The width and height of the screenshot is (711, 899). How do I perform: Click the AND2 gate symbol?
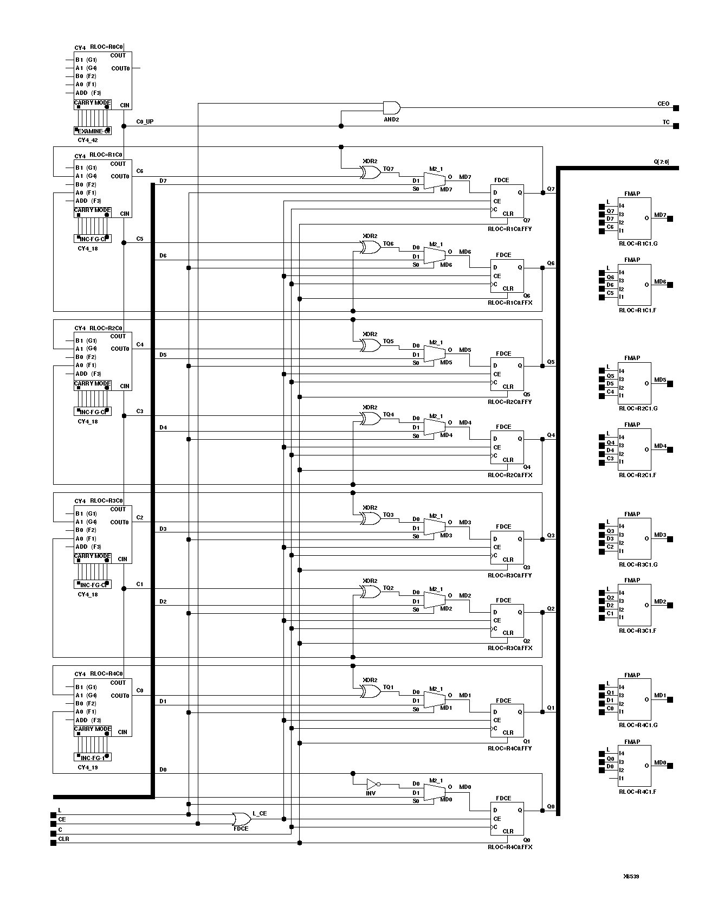point(391,107)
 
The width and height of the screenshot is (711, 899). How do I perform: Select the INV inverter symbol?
point(372,784)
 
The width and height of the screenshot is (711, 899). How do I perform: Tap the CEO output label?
point(663,104)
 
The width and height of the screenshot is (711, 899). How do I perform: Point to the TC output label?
point(666,122)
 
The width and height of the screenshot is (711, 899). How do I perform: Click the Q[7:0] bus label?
point(661,162)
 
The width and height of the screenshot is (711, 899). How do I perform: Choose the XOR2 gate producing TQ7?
point(371,172)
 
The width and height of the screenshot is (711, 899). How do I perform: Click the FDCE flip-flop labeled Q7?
point(507,201)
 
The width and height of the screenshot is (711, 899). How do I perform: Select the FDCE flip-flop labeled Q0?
point(507,818)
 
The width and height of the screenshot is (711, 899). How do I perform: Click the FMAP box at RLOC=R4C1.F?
point(634,766)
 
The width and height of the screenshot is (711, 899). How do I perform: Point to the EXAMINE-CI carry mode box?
point(93,131)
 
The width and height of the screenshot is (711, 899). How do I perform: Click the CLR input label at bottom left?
point(63,839)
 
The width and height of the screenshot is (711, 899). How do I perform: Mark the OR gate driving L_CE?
point(240,818)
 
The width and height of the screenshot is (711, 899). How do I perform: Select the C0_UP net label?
point(145,121)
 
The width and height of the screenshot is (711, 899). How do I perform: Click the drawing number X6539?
point(631,875)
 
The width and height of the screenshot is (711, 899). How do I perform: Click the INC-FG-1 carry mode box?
point(93,757)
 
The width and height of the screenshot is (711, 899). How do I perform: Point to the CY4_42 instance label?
point(88,140)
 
